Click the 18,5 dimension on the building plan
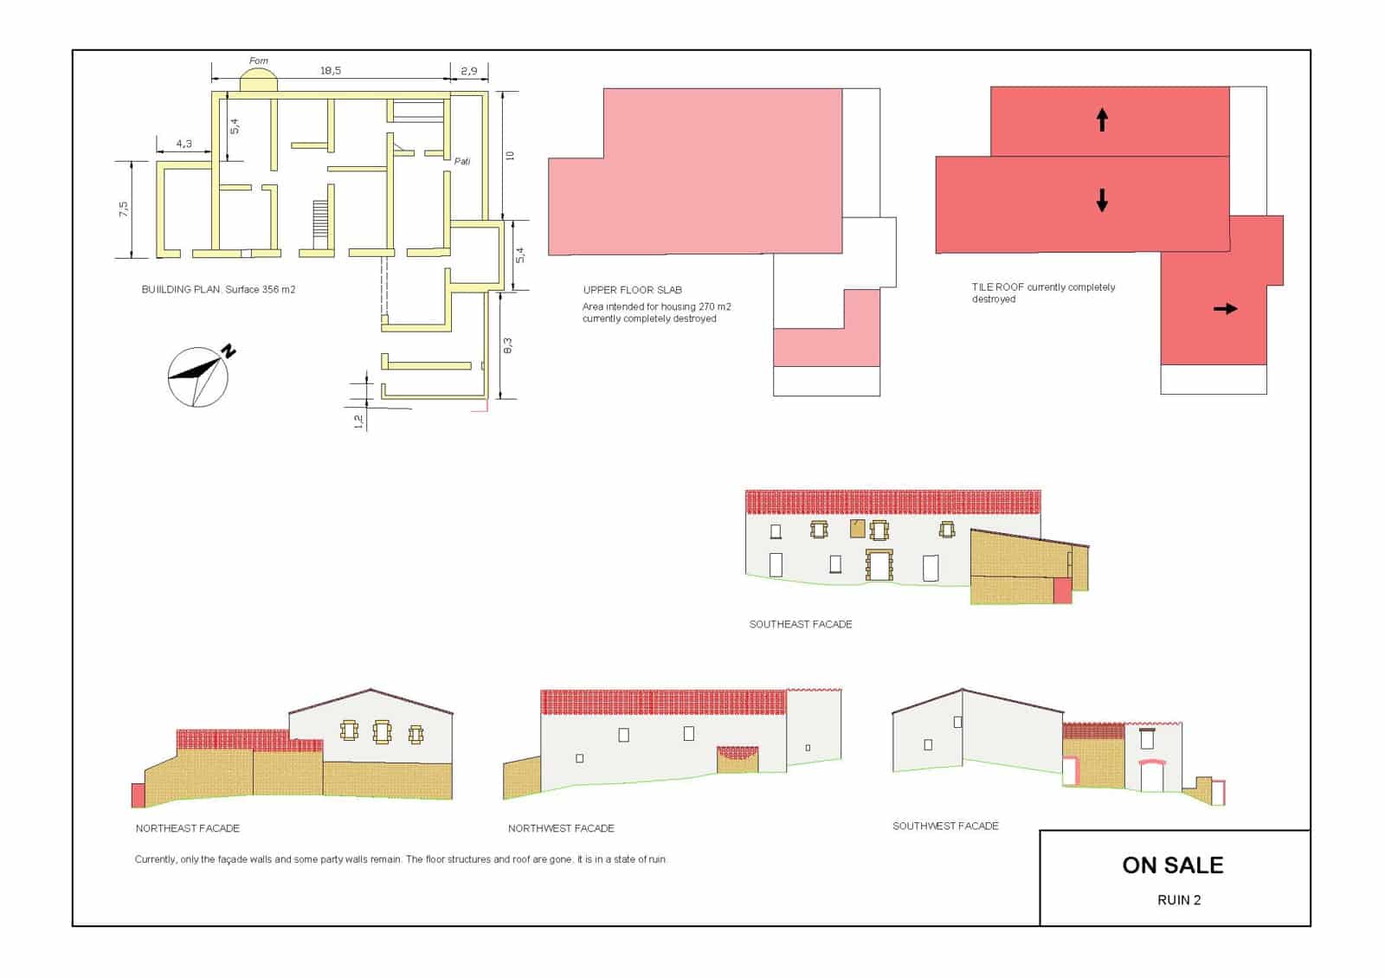[x=330, y=70]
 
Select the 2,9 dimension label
[x=468, y=70]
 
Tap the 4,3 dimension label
[x=184, y=144]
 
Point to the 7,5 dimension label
[x=124, y=209]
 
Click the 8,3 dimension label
[x=507, y=345]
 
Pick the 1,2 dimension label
[x=358, y=421]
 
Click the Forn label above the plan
[x=259, y=61]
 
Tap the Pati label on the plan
[x=462, y=161]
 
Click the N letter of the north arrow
[x=229, y=351]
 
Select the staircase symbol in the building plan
[x=319, y=224]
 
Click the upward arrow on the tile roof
[x=1102, y=119]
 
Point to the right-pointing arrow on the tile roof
[x=1225, y=308]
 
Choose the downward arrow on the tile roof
[x=1102, y=200]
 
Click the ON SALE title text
[x=1172, y=865]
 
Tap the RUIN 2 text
[x=1178, y=900]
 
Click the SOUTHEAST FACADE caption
[x=800, y=624]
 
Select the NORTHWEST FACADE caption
[x=561, y=828]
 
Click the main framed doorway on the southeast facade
[x=879, y=565]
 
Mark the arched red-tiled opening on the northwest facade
[x=738, y=760]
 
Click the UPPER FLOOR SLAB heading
[x=632, y=290]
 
